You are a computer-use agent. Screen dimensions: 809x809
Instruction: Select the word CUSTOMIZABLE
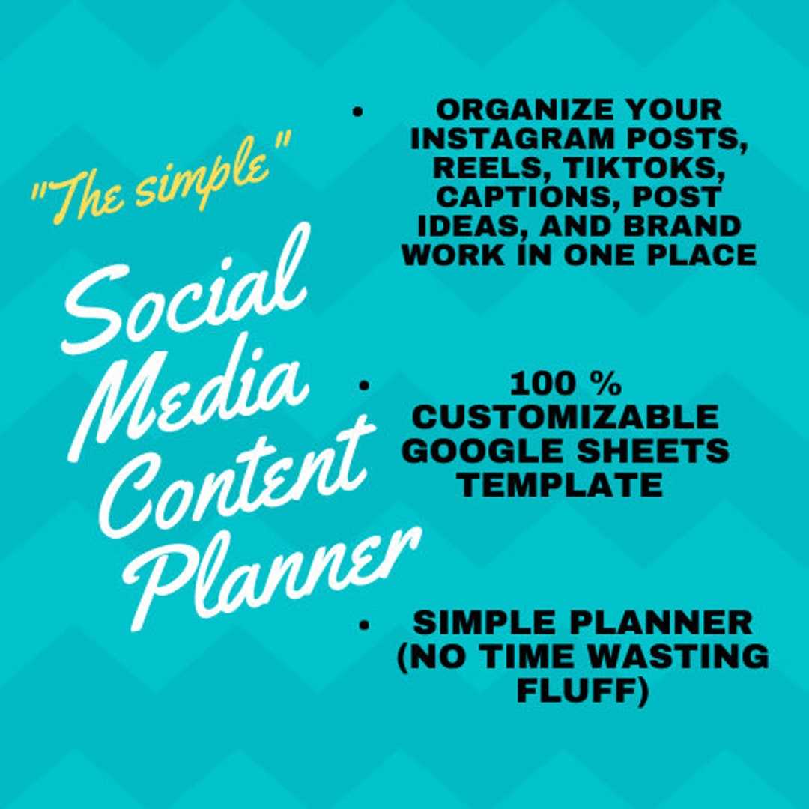tap(566, 417)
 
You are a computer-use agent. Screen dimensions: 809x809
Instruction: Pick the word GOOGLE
tap(487, 451)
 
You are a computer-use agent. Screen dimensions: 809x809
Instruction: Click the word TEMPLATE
tap(561, 485)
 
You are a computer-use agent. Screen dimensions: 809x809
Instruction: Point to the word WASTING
tap(677, 656)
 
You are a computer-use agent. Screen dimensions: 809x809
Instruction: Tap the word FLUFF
tap(582, 690)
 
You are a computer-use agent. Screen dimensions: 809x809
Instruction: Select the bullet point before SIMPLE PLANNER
tap(364, 623)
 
